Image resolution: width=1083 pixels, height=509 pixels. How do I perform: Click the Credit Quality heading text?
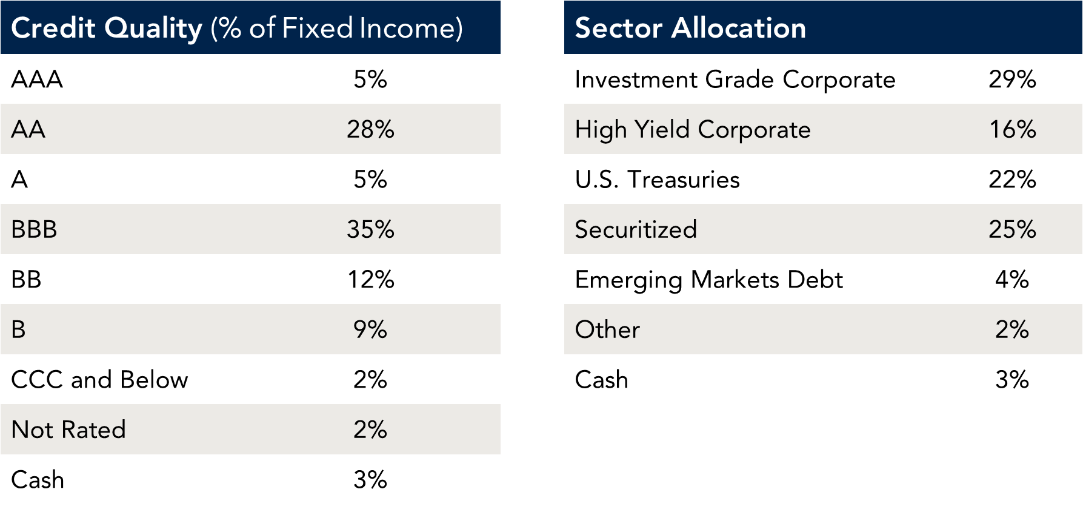[x=236, y=29]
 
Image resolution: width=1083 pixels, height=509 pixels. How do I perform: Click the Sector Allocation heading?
[x=690, y=29]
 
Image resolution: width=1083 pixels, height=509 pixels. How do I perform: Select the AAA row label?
[x=37, y=79]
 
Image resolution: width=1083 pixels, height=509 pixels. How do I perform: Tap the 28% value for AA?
[x=370, y=129]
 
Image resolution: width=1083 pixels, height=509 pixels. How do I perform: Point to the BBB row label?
[x=34, y=229]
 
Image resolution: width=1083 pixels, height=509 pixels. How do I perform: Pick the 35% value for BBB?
[x=370, y=229]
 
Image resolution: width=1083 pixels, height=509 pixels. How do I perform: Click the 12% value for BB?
[x=370, y=280]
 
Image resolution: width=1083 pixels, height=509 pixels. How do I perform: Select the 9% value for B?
[x=370, y=329]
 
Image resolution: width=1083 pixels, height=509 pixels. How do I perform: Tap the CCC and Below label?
[x=99, y=380]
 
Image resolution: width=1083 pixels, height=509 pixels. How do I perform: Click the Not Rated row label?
[x=68, y=430]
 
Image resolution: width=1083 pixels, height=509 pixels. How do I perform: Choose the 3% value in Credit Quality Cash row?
[x=370, y=480]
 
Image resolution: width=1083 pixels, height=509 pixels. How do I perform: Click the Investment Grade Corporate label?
[x=735, y=79]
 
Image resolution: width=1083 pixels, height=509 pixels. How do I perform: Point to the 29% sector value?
[x=1012, y=79]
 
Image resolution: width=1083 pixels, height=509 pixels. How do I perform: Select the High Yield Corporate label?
[x=692, y=129]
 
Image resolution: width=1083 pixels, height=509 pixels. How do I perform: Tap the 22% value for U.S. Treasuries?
[x=1012, y=180]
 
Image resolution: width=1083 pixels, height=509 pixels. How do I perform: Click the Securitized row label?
[x=636, y=229]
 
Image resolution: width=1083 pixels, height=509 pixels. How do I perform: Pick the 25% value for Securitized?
[x=1012, y=229]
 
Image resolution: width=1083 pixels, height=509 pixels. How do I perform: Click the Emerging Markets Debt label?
[x=708, y=280]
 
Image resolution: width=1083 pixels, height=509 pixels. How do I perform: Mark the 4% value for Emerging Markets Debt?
[x=1012, y=280]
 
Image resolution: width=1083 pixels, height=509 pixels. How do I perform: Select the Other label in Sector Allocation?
[x=607, y=329]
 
